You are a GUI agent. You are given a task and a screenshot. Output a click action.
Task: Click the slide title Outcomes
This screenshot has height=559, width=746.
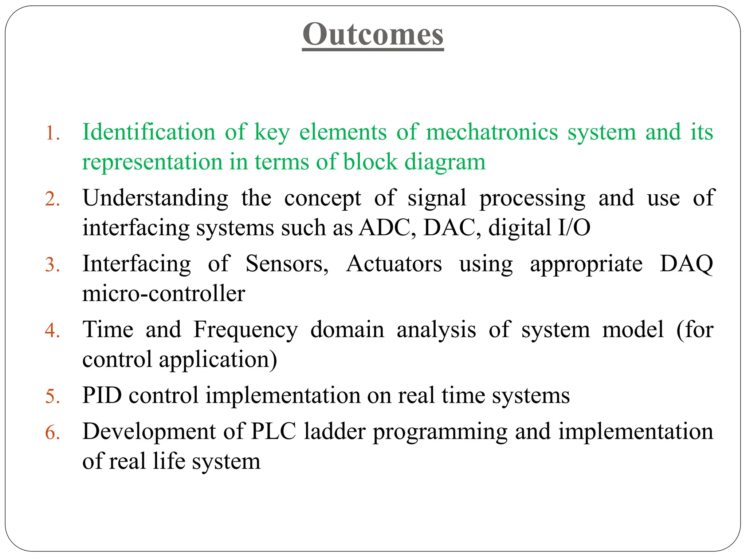pyautogui.click(x=373, y=34)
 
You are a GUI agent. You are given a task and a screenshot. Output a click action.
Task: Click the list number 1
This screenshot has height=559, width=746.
pyautogui.click(x=52, y=133)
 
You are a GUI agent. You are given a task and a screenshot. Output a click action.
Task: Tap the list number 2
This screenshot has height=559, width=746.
pyautogui.click(x=52, y=199)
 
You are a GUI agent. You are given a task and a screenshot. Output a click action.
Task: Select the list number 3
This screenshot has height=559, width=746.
pyautogui.click(x=52, y=265)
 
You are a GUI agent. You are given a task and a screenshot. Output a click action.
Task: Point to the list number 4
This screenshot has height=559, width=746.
pyautogui.click(x=52, y=331)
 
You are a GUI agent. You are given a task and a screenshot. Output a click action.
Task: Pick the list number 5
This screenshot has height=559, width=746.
pyautogui.click(x=52, y=396)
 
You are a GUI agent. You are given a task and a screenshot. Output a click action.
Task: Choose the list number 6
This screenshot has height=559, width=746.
pyautogui.click(x=52, y=433)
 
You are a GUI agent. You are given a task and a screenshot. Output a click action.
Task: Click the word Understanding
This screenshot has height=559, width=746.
pyautogui.click(x=156, y=199)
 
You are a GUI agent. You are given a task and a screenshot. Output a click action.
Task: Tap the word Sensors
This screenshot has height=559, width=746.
pyautogui.click(x=287, y=264)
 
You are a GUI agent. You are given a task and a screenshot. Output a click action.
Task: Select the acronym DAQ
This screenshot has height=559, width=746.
pyautogui.click(x=686, y=264)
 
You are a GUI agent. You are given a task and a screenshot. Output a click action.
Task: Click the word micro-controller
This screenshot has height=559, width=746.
pyautogui.click(x=164, y=294)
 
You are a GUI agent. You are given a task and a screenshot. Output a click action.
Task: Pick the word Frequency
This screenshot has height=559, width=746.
pyautogui.click(x=246, y=330)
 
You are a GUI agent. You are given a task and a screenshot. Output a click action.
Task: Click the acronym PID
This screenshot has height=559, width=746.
pyautogui.click(x=102, y=395)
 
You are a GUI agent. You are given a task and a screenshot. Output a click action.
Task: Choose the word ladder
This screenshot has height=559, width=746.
pyautogui.click(x=335, y=432)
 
